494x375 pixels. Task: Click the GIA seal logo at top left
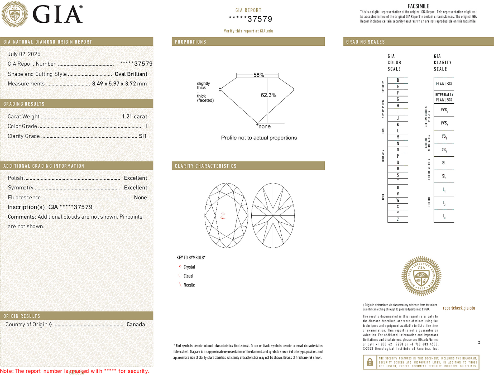pyautogui.click(x=15, y=14)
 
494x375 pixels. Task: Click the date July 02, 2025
pyautogui.click(x=24, y=54)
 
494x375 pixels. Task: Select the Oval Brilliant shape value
pyautogui.click(x=131, y=74)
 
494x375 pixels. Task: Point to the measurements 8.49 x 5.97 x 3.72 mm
pyautogui.click(x=119, y=84)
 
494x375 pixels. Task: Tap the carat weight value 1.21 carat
pyautogui.click(x=134, y=117)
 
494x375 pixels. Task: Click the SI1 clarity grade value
pyautogui.click(x=142, y=136)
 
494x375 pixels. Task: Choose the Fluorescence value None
pyautogui.click(x=140, y=198)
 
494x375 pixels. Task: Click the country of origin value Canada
pyautogui.click(x=136, y=324)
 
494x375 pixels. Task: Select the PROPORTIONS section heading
pyautogui.click(x=190, y=42)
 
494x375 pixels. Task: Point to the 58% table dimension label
pyautogui.click(x=258, y=75)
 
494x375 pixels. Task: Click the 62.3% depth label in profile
pyautogui.click(x=268, y=95)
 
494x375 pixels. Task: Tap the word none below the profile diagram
pyautogui.click(x=264, y=127)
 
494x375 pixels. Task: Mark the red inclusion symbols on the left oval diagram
pyautogui.click(x=223, y=216)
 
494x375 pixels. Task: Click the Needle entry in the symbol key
pyautogui.click(x=189, y=285)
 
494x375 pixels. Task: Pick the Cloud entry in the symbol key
pyautogui.click(x=188, y=276)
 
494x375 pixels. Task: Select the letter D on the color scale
pyautogui.click(x=398, y=80)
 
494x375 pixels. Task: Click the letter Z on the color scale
pyautogui.click(x=398, y=219)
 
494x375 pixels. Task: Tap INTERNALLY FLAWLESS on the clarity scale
pyautogui.click(x=444, y=97)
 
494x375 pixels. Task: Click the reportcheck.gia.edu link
pyautogui.click(x=459, y=308)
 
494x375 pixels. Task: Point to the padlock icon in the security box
pyautogui.click(x=370, y=362)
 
